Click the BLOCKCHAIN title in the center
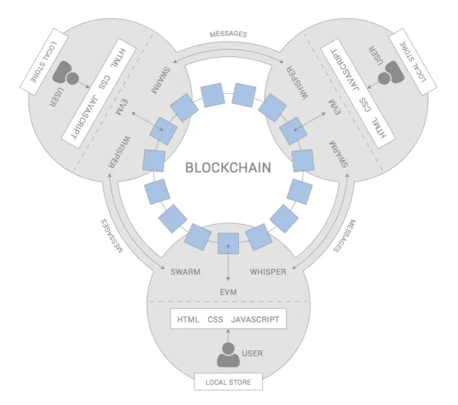[228, 168]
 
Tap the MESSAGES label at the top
[228, 34]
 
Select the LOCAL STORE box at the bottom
[228, 382]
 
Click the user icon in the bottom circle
[228, 355]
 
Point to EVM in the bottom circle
[228, 292]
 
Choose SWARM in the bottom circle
[185, 272]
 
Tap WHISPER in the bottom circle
[268, 272]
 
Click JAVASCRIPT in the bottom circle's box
[255, 320]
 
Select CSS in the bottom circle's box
[215, 320]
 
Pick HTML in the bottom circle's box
[188, 320]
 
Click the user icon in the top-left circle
[65, 73]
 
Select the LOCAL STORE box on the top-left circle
[44, 62]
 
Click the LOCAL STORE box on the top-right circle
[413, 62]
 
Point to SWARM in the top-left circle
[161, 81]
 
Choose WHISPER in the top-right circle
[296, 83]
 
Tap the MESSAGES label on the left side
[112, 236]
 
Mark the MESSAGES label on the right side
[345, 236]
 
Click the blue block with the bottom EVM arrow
[228, 243]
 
